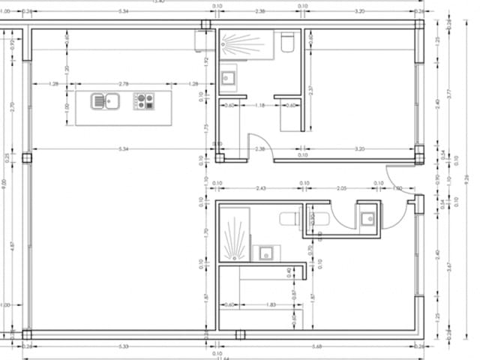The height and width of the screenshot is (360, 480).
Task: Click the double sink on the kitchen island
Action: tap(106, 100)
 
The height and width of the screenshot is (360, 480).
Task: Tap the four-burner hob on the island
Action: tap(144, 100)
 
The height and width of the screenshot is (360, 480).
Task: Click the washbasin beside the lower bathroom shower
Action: tap(265, 252)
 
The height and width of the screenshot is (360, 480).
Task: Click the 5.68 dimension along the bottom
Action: tap(318, 346)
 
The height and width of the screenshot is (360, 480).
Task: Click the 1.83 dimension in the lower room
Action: tap(271, 304)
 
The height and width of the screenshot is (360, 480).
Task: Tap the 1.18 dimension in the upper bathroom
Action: tap(260, 106)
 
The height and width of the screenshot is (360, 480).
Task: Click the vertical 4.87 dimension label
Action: tap(13, 245)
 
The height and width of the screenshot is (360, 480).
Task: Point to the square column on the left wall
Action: tap(27, 158)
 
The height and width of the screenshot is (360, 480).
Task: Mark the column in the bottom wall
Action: tap(240, 334)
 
